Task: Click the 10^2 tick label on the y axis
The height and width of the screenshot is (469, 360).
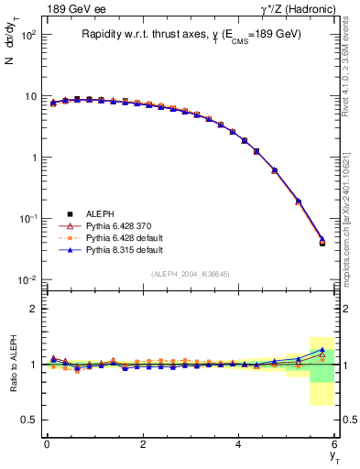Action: tap(27, 35)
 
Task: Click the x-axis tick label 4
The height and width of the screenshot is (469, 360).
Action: tap(239, 444)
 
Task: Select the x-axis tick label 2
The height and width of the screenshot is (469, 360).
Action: tap(143, 444)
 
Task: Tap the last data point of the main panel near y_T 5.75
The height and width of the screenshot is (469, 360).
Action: tap(322, 243)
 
